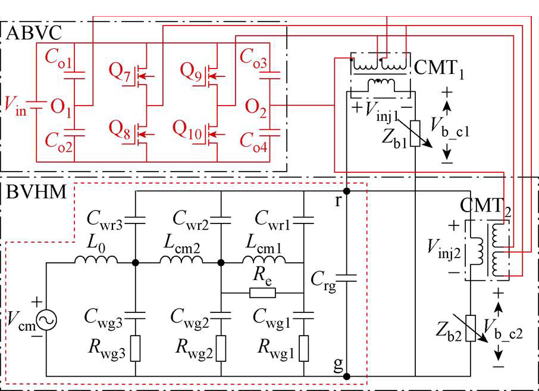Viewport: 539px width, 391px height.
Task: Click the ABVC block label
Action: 34,33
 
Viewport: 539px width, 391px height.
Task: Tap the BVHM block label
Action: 36,191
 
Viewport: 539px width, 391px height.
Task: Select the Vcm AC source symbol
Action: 46,320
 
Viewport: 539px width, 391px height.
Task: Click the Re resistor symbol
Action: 262,293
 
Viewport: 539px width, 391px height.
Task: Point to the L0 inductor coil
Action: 96,259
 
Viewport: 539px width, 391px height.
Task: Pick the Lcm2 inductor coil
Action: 181,259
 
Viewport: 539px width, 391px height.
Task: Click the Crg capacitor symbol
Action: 347,278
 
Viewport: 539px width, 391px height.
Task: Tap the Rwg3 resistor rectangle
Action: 136,348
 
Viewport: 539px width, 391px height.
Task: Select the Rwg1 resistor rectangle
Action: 304,348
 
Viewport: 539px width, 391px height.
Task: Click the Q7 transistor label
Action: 120,72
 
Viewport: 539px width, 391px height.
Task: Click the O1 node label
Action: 61,107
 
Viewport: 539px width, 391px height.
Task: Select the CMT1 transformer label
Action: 439,69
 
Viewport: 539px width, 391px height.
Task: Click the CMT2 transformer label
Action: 485,207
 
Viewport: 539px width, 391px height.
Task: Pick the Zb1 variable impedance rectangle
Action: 415,134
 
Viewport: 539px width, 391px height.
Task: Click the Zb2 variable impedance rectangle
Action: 471,328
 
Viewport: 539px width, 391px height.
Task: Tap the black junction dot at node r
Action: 347,191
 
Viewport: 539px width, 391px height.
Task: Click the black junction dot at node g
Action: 347,376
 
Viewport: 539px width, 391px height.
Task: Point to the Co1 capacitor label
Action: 58,58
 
